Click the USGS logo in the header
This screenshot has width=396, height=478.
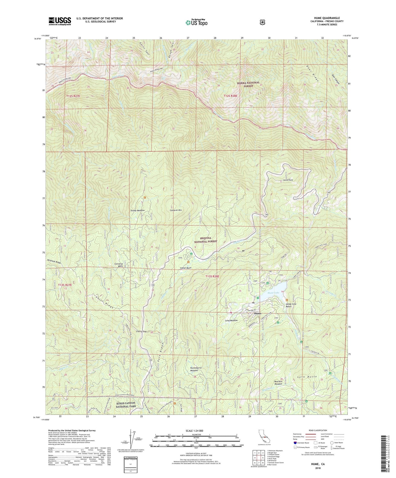pos(60,21)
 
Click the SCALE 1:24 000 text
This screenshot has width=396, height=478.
pos(196,431)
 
